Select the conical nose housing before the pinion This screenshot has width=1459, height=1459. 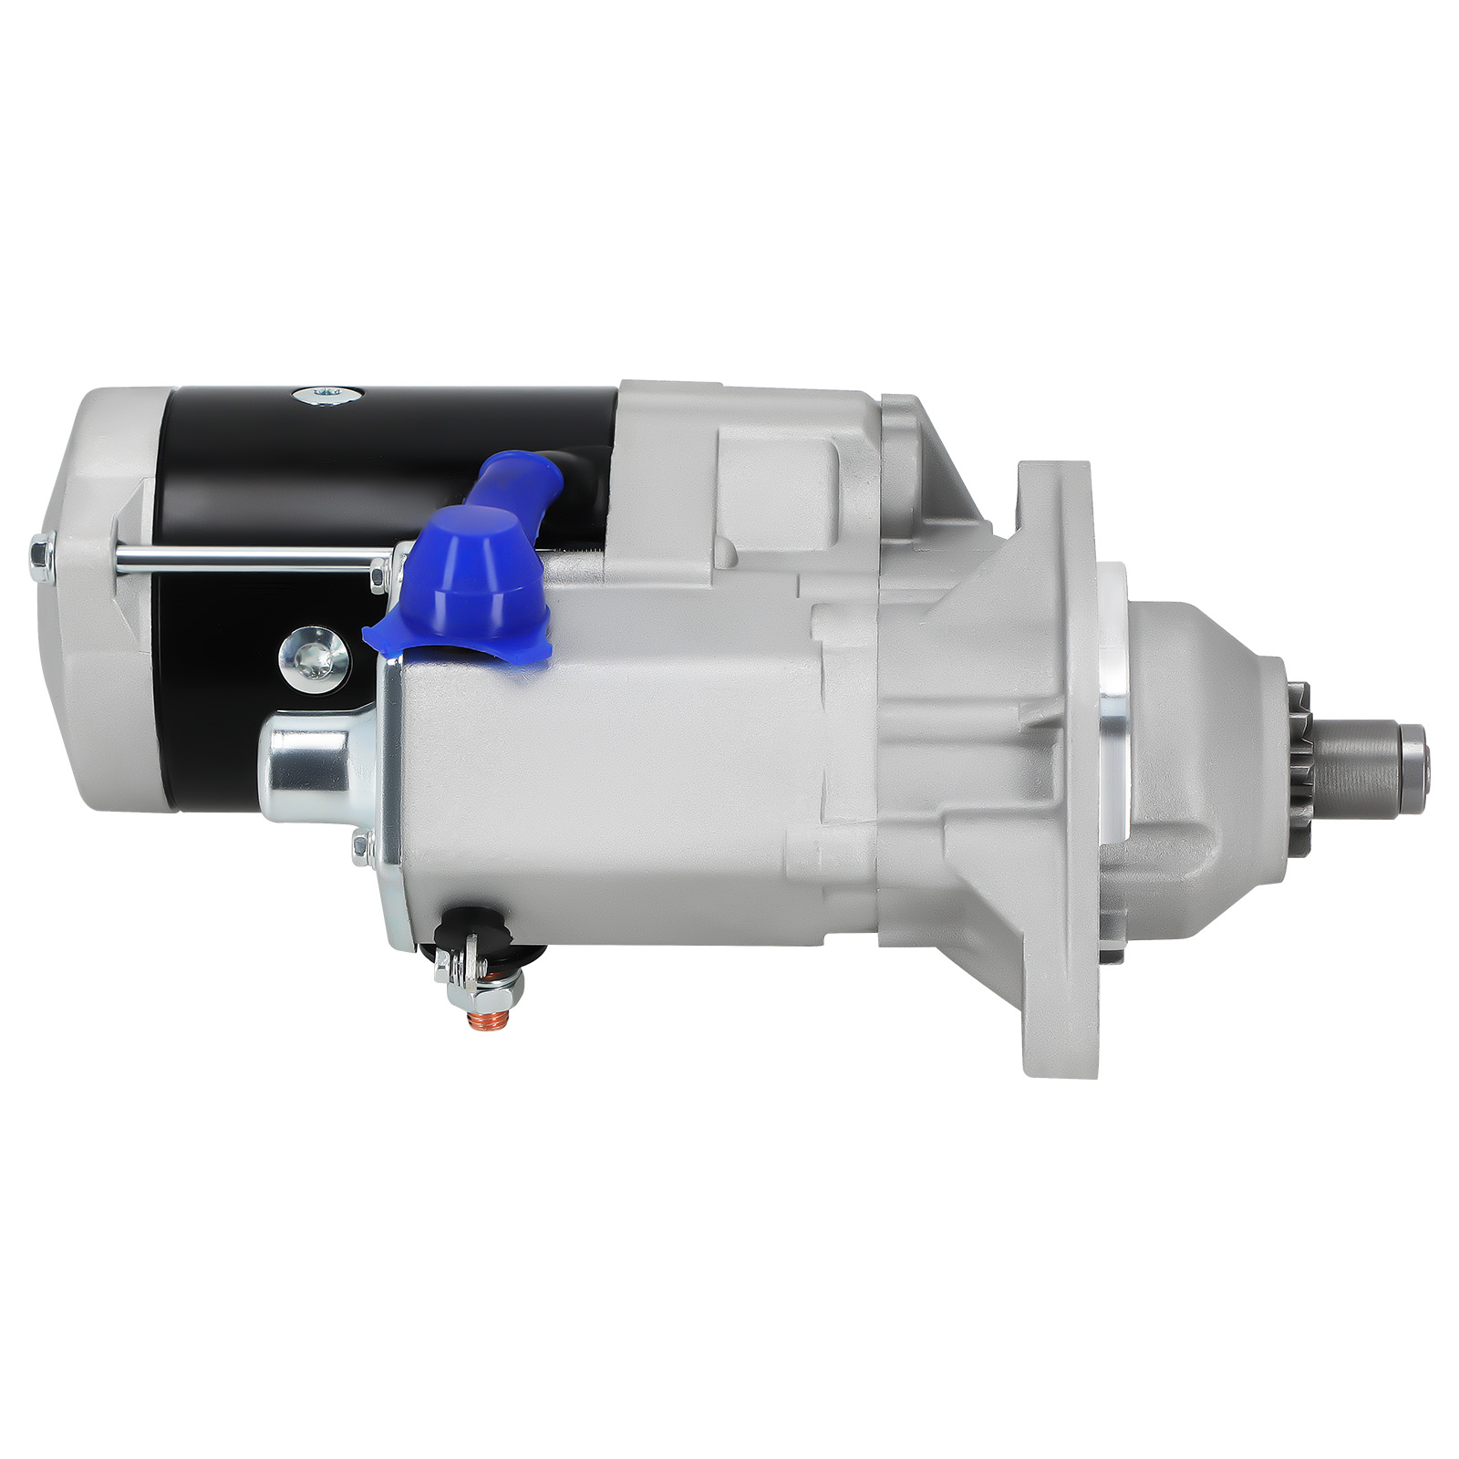[x=1204, y=757]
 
